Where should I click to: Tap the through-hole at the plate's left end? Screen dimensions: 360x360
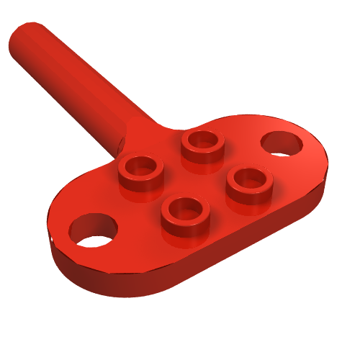94,230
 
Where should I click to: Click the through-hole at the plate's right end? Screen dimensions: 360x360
283,143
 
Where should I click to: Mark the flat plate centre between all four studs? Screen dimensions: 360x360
193,180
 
